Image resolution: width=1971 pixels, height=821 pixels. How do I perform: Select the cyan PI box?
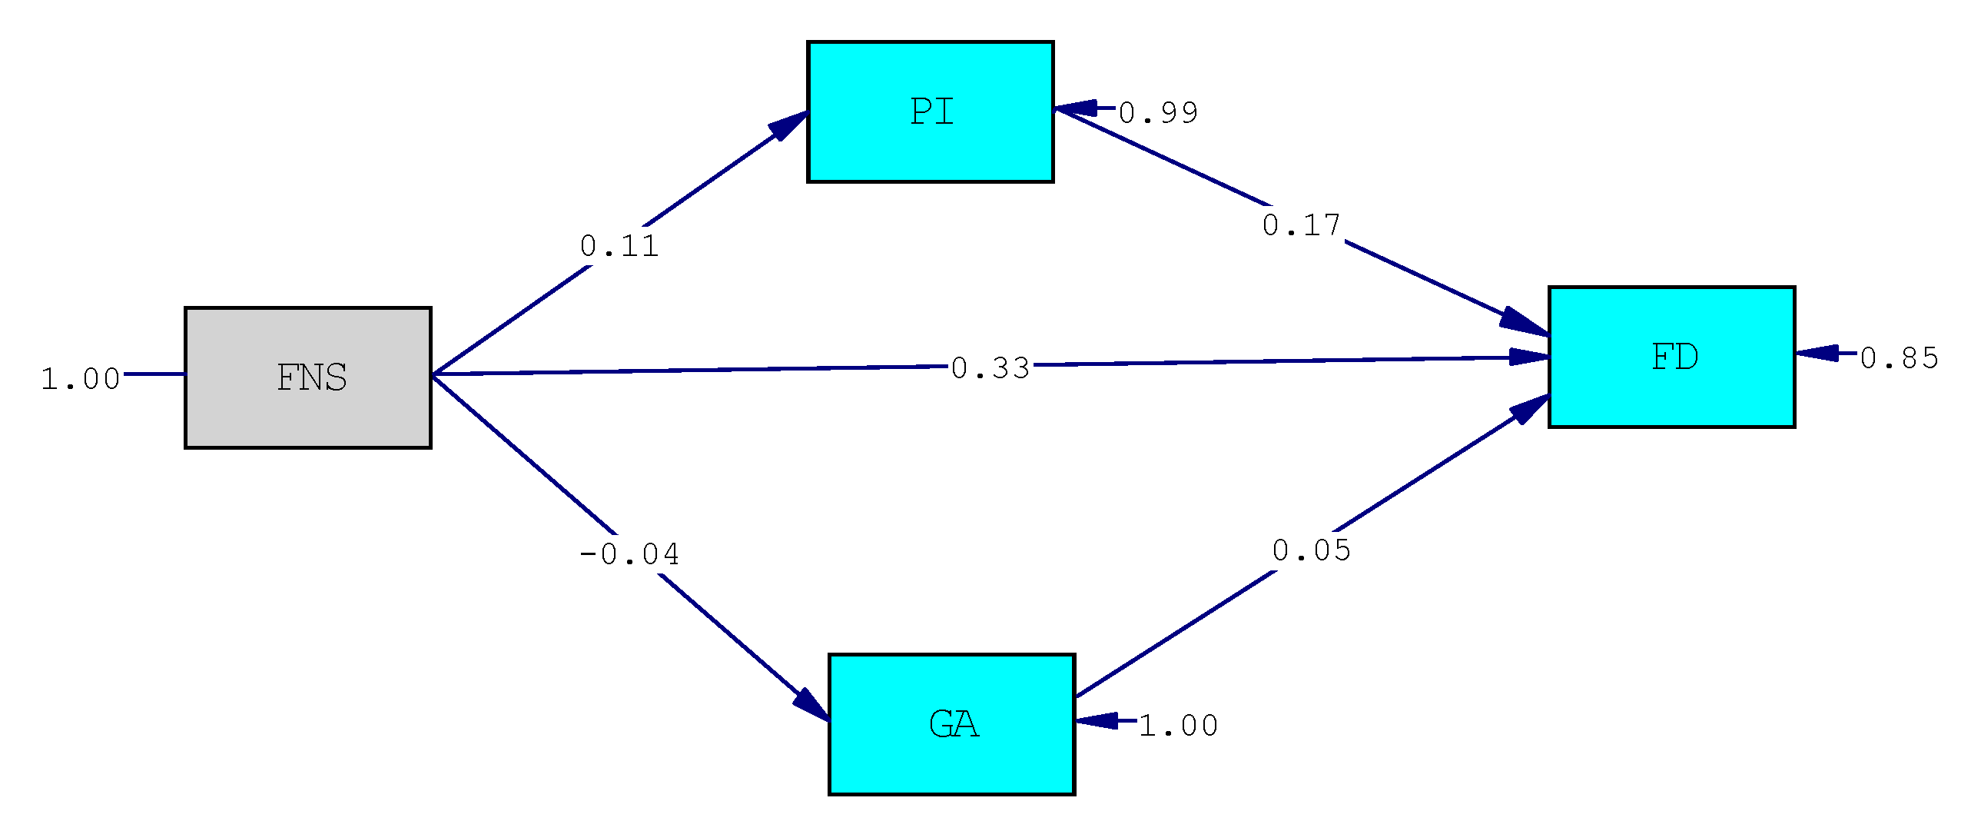coord(930,112)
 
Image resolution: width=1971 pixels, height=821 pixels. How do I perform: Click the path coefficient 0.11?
coord(619,247)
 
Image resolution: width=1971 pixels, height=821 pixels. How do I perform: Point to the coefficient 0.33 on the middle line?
coord(990,368)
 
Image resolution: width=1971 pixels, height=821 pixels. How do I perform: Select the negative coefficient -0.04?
coord(629,554)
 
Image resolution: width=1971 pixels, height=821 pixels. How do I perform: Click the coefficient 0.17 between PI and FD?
coord(1301,225)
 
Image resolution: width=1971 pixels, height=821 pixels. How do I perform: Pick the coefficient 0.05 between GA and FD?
coord(1311,550)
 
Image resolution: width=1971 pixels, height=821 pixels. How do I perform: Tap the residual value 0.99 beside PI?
coord(1158,113)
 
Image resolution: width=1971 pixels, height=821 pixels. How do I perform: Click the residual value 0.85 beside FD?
coord(1899,358)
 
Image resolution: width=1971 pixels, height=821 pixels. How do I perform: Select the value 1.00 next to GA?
coord(1178,726)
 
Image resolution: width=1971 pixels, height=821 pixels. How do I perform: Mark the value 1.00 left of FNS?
coord(80,379)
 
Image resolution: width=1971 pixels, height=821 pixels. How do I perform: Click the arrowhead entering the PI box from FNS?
coord(788,126)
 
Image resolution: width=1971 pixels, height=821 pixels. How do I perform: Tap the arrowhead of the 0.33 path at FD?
coord(1528,357)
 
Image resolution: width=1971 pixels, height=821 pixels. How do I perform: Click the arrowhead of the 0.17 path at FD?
coord(1523,322)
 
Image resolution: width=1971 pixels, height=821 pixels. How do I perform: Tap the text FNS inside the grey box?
coord(312,378)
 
